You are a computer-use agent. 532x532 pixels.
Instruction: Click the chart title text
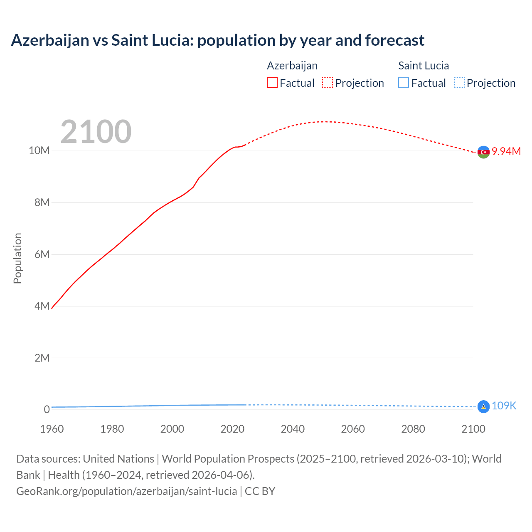[217, 40]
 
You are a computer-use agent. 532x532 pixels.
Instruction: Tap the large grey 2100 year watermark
[96, 132]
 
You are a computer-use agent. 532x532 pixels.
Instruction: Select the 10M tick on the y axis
[39, 150]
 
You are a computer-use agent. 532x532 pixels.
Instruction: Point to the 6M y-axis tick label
[42, 254]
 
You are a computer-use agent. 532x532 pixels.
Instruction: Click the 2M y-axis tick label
[42, 358]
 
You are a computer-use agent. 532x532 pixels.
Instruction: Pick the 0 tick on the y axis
[47, 410]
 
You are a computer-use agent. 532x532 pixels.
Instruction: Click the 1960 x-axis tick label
[52, 429]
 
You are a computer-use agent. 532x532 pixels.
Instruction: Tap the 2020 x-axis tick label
[232, 429]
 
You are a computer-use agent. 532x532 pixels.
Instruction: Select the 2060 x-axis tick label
[353, 429]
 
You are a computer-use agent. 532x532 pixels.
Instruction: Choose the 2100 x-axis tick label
[473, 429]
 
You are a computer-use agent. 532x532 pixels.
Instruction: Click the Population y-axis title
[17, 258]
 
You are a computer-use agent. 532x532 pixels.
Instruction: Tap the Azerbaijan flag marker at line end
[483, 152]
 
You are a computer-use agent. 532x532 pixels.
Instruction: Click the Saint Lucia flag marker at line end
[483, 406]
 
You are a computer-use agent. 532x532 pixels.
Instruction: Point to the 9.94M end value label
[506, 151]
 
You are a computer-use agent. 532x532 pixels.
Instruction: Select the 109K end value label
[504, 406]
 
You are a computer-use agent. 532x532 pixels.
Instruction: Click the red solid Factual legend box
[272, 83]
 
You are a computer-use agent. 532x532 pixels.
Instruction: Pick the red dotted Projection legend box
[328, 83]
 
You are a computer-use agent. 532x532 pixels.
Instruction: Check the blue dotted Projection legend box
[459, 83]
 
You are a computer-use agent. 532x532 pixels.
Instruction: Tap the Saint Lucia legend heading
[424, 66]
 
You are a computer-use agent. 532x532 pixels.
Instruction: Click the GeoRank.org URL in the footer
[126, 491]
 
